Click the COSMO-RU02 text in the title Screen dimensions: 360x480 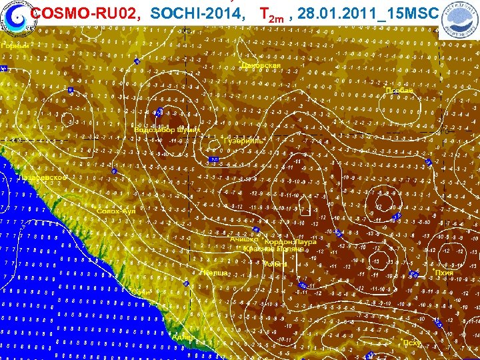click(85, 13)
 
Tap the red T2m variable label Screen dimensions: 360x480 click(273, 14)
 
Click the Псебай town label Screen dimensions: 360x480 click(400, 91)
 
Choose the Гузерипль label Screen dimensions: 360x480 click(244, 141)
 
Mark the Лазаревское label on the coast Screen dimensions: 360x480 click(44, 178)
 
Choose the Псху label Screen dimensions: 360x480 click(412, 342)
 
